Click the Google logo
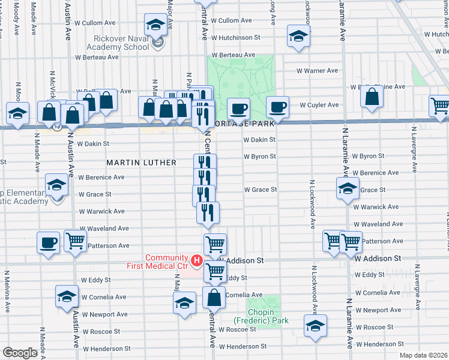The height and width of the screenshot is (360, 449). click(x=19, y=353)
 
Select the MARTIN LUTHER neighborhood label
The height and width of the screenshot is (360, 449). click(x=142, y=163)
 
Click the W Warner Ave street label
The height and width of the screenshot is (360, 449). click(x=317, y=70)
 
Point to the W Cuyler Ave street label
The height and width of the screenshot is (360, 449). click(x=319, y=105)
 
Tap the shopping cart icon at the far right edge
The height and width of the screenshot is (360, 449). click(x=440, y=106)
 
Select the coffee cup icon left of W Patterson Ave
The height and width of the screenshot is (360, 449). click(x=48, y=244)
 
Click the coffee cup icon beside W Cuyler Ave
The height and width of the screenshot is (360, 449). click(x=277, y=107)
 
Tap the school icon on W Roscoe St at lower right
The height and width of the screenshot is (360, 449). click(x=315, y=326)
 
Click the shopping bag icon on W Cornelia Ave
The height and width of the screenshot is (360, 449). click(x=213, y=296)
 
